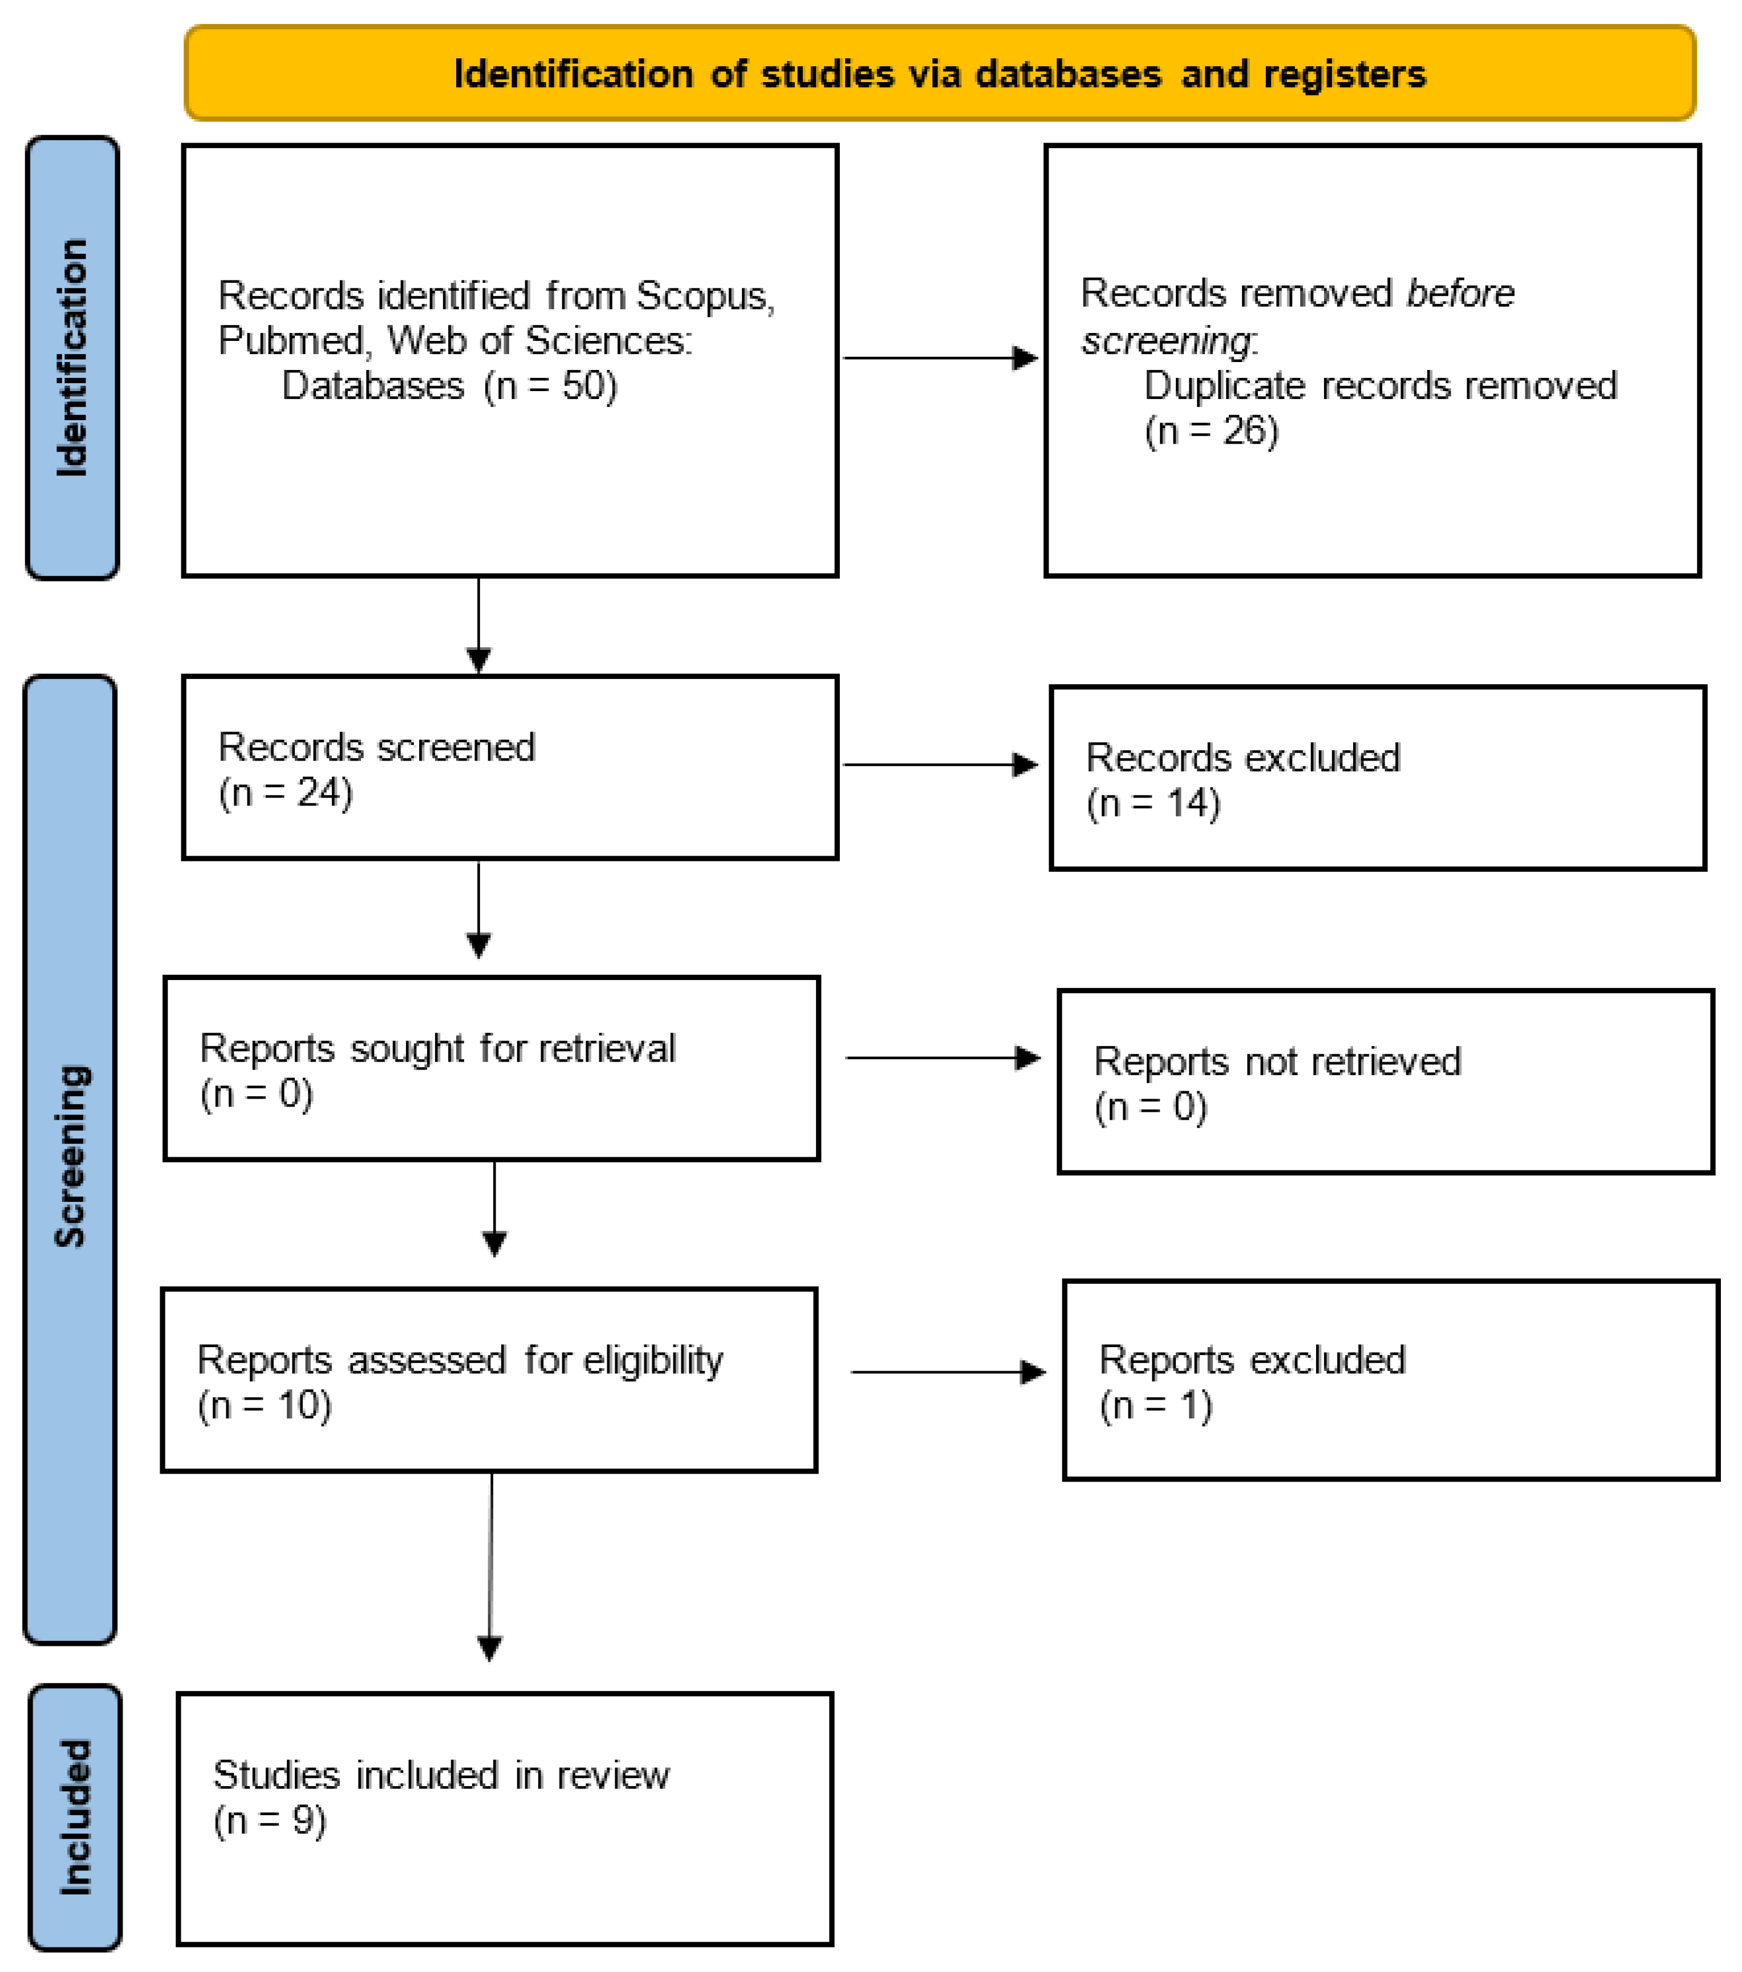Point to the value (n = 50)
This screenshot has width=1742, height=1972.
pyautogui.click(x=550, y=386)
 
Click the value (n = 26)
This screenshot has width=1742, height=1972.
pyautogui.click(x=1211, y=431)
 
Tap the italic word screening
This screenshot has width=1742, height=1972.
pyautogui.click(x=1167, y=340)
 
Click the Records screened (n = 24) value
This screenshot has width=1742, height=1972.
pyautogui.click(x=286, y=793)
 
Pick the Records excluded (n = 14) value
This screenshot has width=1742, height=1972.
pyautogui.click(x=1154, y=804)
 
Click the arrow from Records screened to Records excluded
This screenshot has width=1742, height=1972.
pyautogui.click(x=940, y=765)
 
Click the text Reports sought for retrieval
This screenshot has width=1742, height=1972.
pyautogui.click(x=437, y=1048)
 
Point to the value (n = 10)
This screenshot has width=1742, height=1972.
pyautogui.click(x=265, y=1406)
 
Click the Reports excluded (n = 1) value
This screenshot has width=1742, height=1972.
pyautogui.click(x=1155, y=1406)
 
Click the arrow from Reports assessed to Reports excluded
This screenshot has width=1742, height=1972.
pyautogui.click(x=948, y=1372)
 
